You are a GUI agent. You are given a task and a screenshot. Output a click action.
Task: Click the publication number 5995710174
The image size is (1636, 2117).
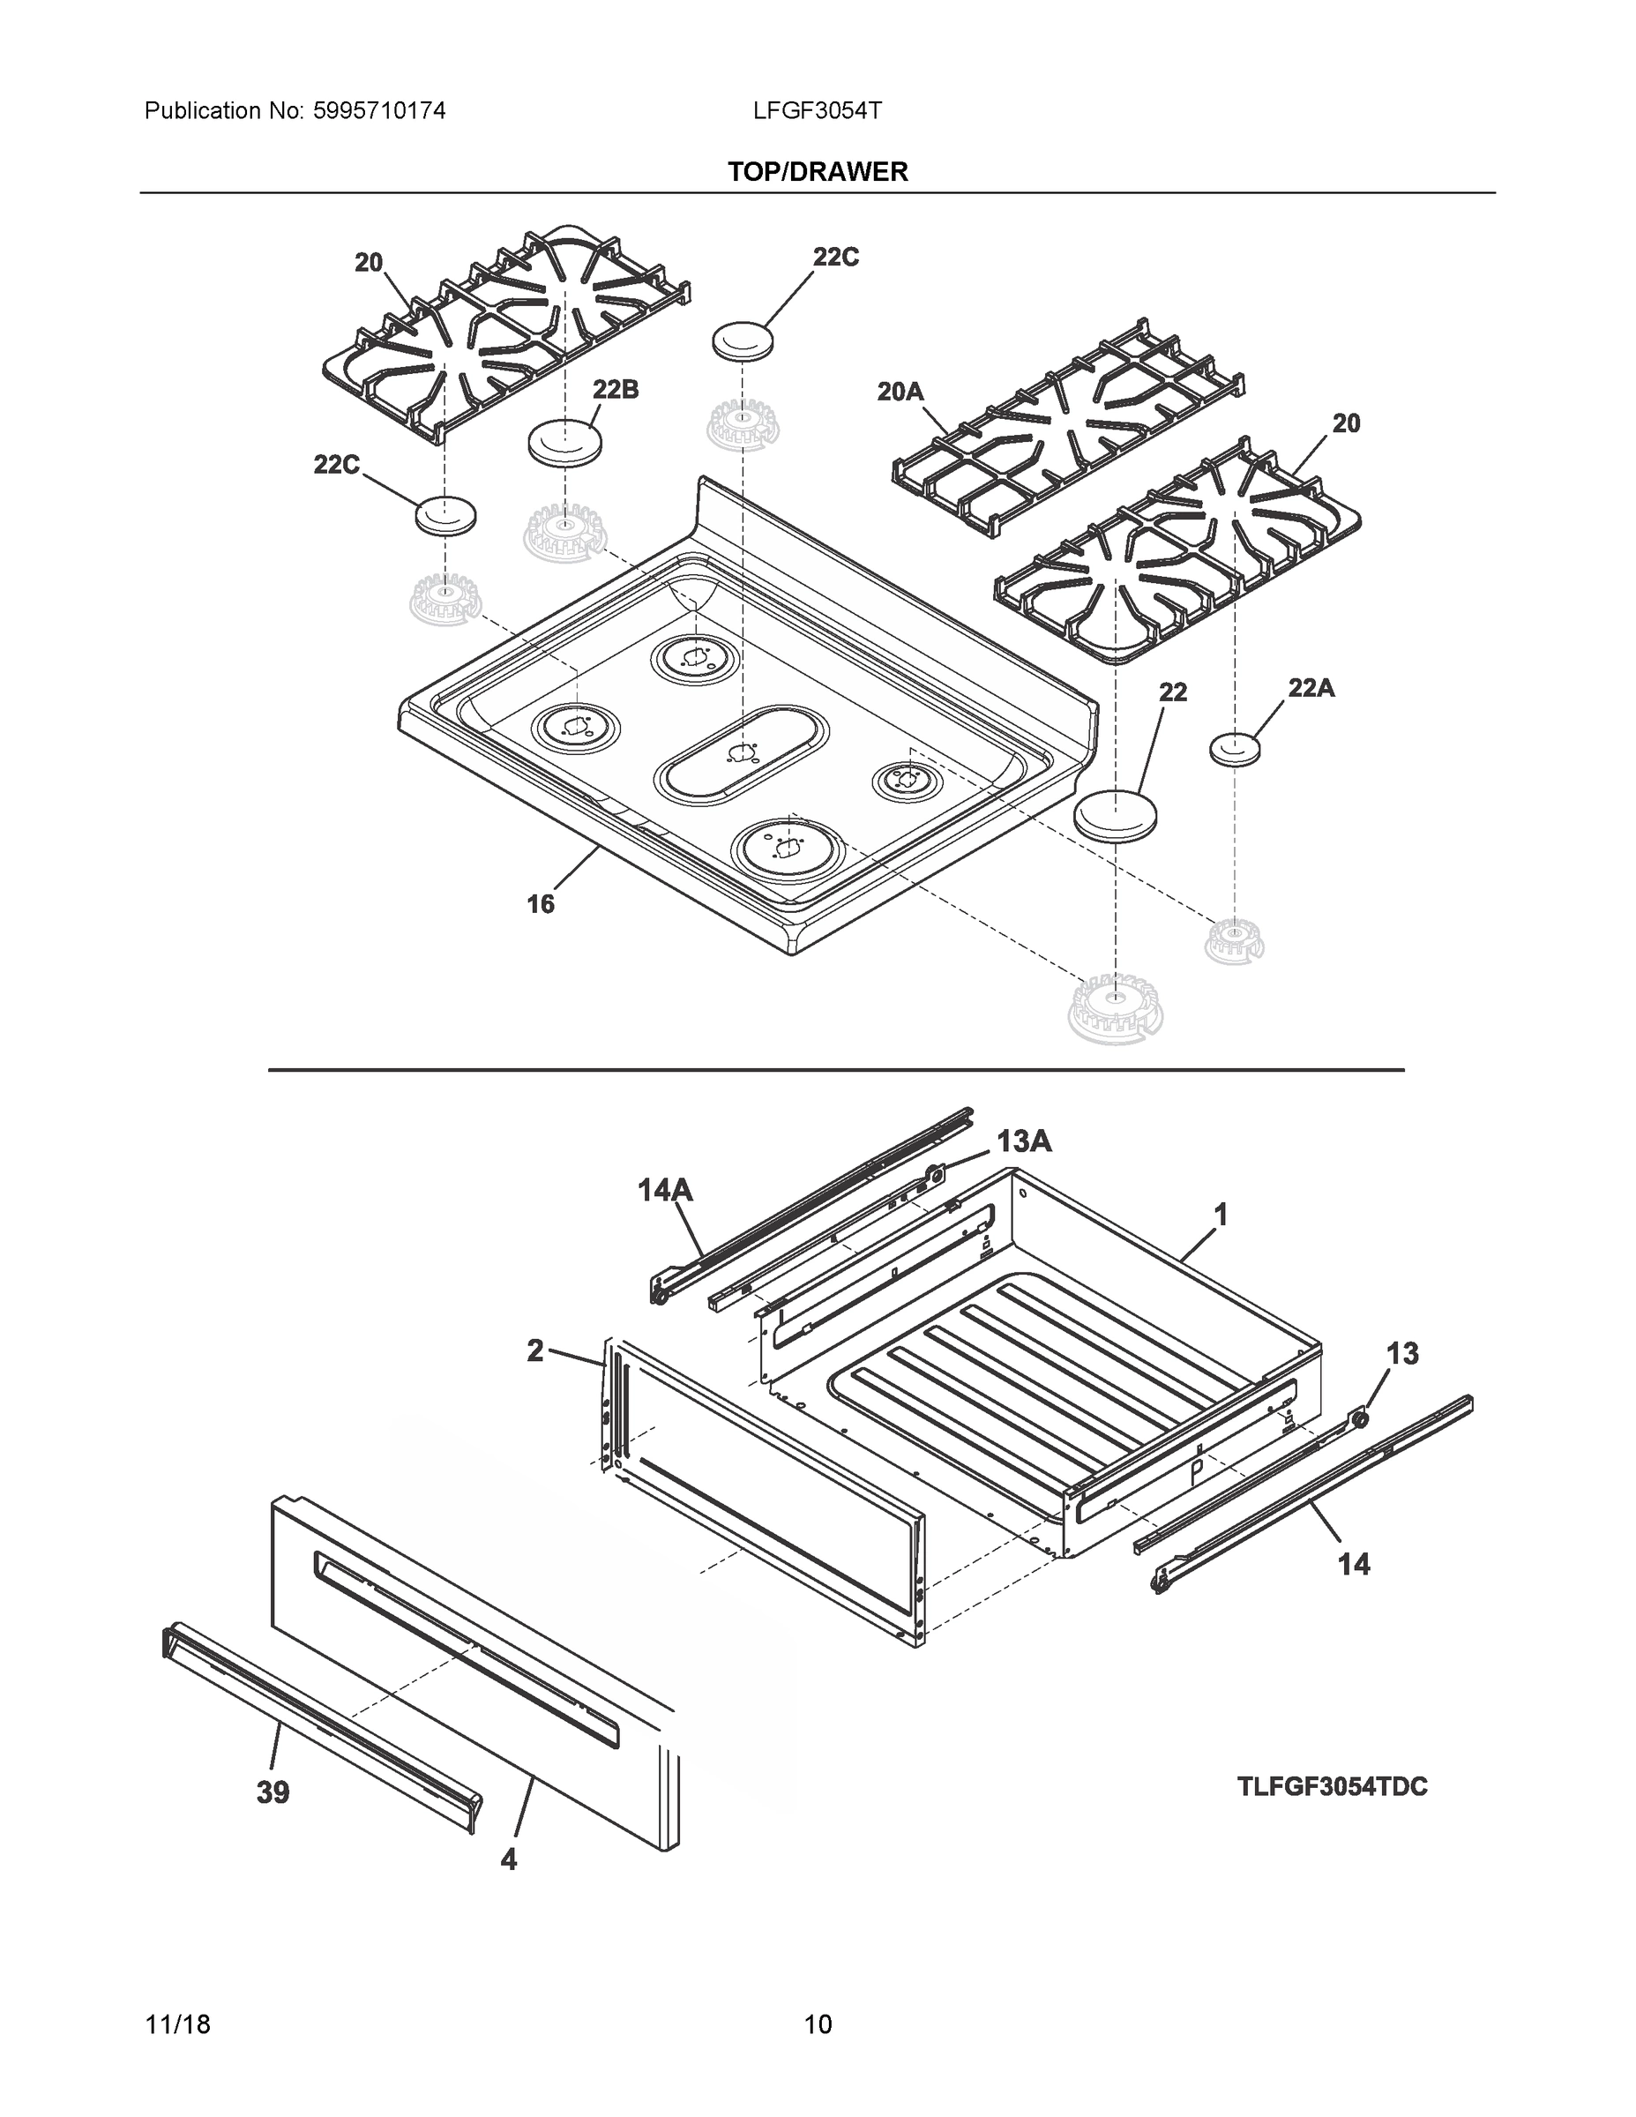click(379, 110)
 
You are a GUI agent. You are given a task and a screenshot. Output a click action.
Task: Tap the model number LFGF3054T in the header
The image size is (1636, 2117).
click(817, 110)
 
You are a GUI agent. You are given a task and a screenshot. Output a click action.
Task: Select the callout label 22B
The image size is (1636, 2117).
click(616, 390)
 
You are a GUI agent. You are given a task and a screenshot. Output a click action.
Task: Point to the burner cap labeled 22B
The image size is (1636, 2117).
click(564, 443)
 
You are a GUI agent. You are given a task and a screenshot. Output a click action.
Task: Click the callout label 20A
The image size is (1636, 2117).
click(900, 392)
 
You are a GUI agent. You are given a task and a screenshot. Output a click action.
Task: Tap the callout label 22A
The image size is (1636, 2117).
click(1311, 688)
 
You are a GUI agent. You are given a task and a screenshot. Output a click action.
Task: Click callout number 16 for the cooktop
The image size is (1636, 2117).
click(541, 903)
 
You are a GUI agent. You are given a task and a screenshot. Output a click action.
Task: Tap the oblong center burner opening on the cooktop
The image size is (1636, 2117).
click(743, 754)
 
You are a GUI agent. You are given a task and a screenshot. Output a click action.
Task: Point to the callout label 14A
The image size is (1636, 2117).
click(665, 1189)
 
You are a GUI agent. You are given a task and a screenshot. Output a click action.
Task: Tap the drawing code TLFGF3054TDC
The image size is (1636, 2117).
click(1332, 1786)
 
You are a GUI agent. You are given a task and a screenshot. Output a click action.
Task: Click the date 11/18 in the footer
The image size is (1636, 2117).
click(177, 2024)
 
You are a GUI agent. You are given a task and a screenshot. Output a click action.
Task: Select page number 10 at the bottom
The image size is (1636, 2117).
click(818, 2024)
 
